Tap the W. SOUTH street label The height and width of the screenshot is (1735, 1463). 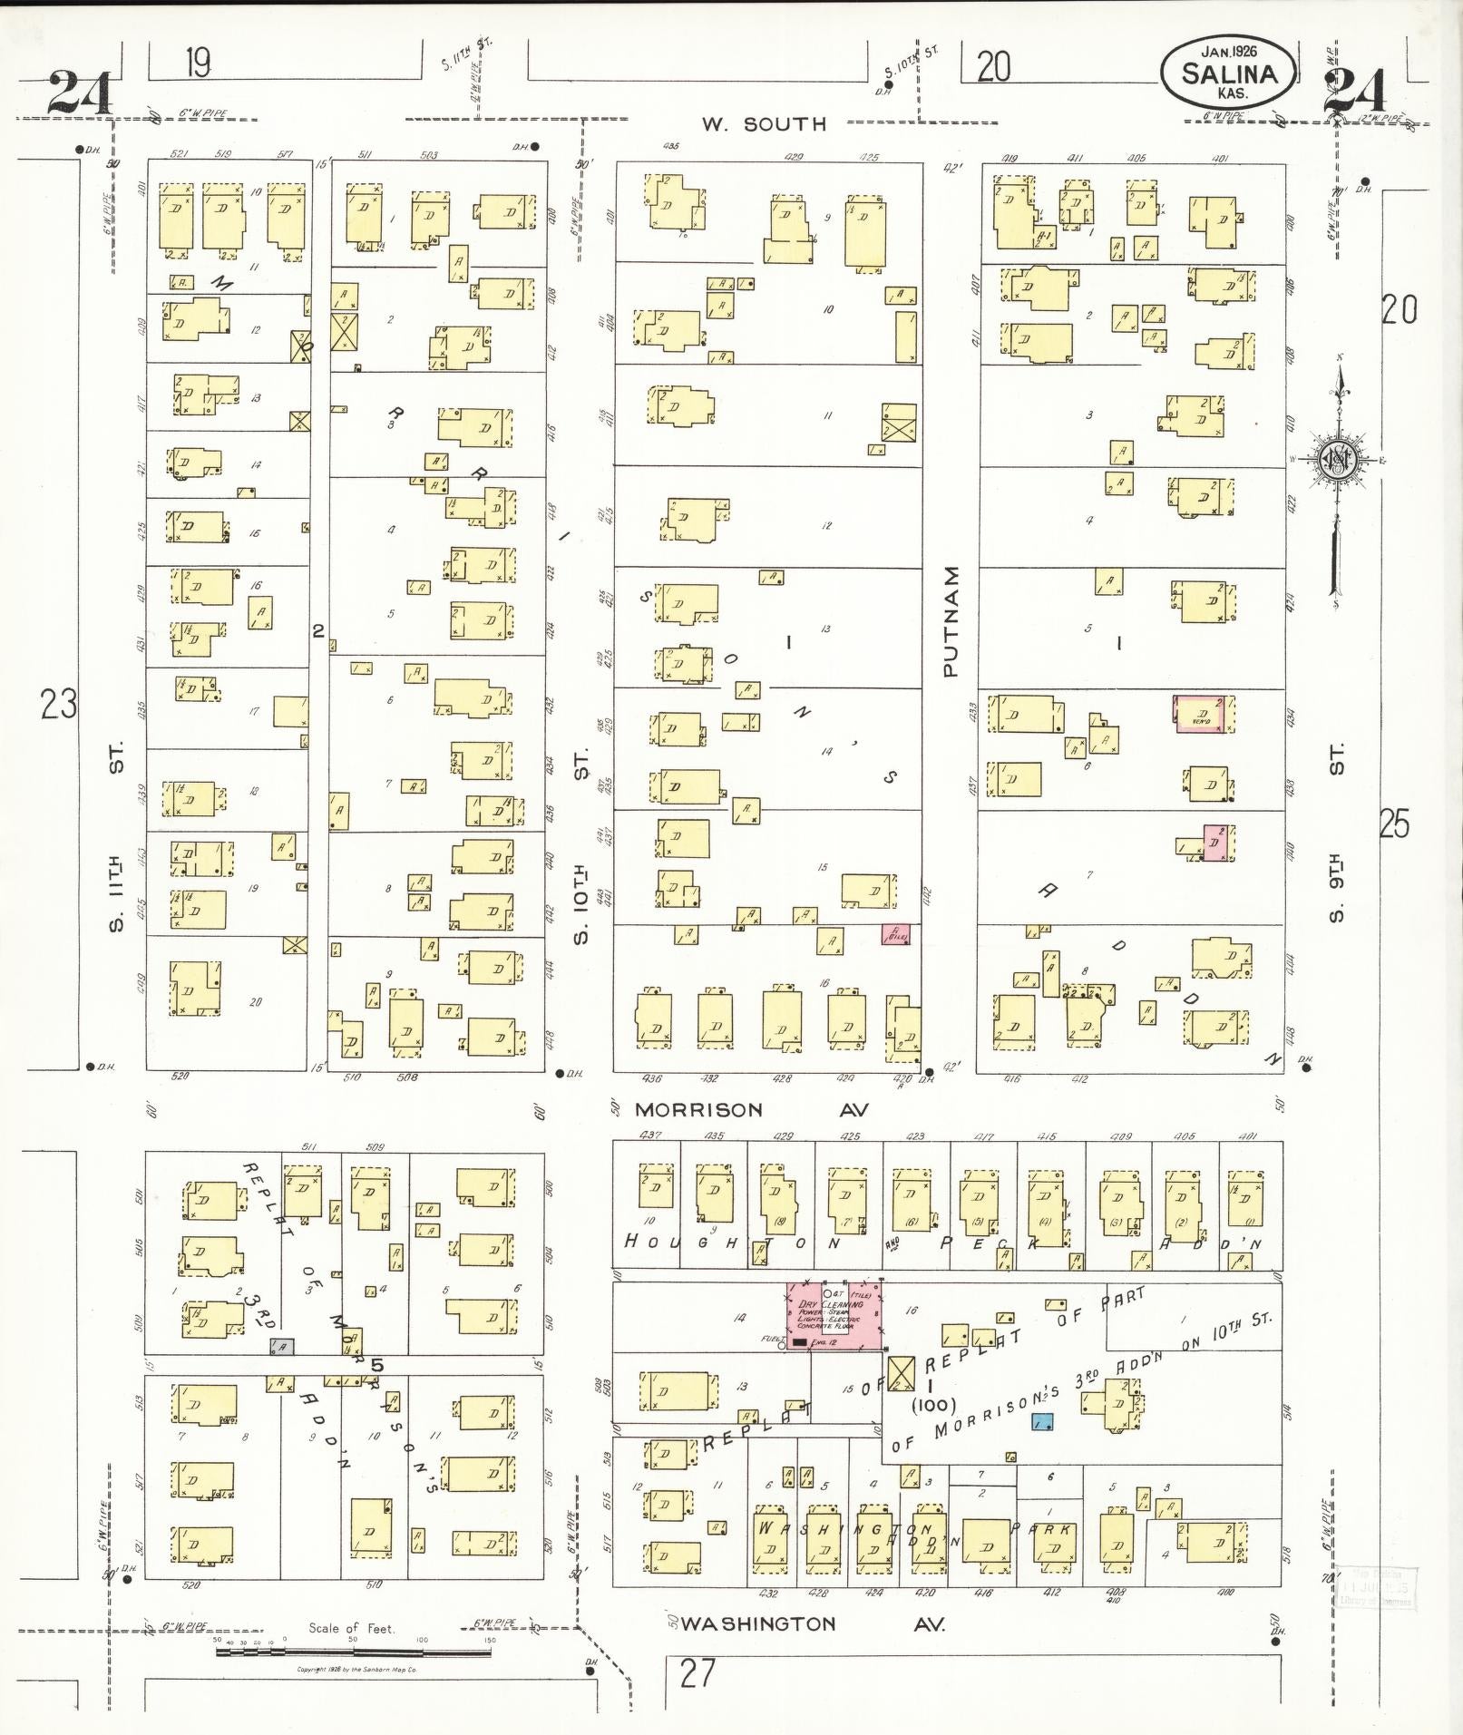765,124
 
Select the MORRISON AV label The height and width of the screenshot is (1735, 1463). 751,1109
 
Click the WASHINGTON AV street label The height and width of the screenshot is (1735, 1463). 813,1623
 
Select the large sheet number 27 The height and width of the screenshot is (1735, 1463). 697,1673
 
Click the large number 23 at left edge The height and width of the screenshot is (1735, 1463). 59,704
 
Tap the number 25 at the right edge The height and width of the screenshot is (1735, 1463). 1394,824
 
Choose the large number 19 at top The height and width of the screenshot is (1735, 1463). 198,63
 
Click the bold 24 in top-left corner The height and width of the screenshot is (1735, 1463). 79,93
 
